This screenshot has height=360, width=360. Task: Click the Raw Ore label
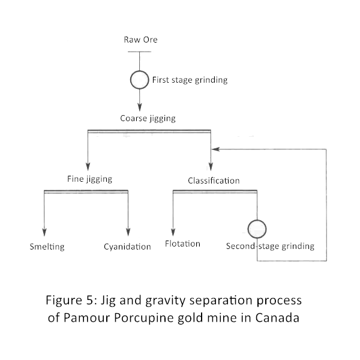pyautogui.click(x=140, y=40)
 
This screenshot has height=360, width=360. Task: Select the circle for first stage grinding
pyautogui.click(x=140, y=71)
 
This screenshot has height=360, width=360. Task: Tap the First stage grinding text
pyautogui.click(x=190, y=80)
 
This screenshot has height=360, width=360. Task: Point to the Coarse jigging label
pyautogui.click(x=148, y=119)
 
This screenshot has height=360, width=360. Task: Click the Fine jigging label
pyautogui.click(x=89, y=179)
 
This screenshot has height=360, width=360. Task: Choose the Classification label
pyautogui.click(x=214, y=181)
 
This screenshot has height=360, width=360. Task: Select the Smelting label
pyautogui.click(x=47, y=247)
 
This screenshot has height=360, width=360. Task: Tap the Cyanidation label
pyautogui.click(x=127, y=247)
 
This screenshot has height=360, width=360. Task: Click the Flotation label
pyautogui.click(x=182, y=244)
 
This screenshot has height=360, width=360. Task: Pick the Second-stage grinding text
pyautogui.click(x=270, y=246)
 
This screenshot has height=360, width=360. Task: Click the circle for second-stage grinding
pyautogui.click(x=257, y=220)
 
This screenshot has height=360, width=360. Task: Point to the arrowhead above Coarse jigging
pyautogui.click(x=140, y=107)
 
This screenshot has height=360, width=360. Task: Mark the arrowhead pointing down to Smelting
pyautogui.click(x=44, y=232)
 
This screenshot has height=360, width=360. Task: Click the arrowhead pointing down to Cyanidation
pyautogui.click(x=128, y=232)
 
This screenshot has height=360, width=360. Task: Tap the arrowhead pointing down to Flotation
pyautogui.click(x=173, y=232)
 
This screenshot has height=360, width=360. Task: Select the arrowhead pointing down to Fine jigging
pyautogui.click(x=88, y=166)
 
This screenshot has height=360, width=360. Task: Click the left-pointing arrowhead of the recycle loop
pyautogui.click(x=215, y=149)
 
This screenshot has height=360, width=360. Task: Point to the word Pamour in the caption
pyautogui.click(x=87, y=318)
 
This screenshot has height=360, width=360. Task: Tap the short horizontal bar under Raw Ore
pyautogui.click(x=139, y=52)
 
